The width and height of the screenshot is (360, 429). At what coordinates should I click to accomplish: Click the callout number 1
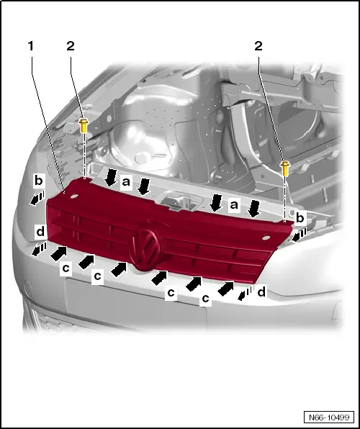(x=30, y=45)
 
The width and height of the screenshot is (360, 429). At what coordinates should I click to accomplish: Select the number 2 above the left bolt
(x=70, y=45)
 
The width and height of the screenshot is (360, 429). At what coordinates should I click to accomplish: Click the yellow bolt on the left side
(x=85, y=127)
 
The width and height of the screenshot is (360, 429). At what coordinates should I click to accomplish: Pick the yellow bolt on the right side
(x=286, y=168)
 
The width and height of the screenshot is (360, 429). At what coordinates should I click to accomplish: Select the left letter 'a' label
(x=126, y=183)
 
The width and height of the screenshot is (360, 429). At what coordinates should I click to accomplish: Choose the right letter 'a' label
(x=234, y=205)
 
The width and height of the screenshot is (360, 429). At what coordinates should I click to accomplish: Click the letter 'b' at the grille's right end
(x=301, y=216)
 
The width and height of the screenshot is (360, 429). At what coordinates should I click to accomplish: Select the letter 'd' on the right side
(x=261, y=292)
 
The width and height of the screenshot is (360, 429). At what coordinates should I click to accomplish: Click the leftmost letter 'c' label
(x=66, y=267)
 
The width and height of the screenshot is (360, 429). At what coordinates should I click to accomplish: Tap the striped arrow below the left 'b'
(x=35, y=197)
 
